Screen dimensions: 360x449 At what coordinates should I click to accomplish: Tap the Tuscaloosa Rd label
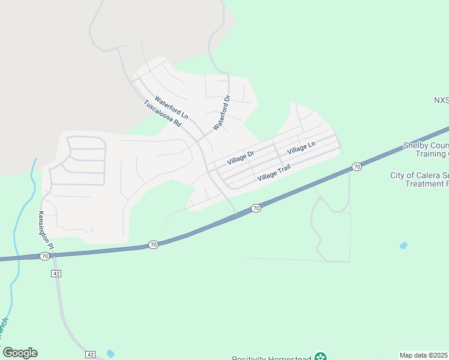(x=162, y=113)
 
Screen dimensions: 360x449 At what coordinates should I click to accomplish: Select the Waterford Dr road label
(x=222, y=113)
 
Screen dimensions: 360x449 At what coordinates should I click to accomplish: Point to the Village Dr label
(x=241, y=158)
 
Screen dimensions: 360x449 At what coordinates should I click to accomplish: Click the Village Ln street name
(x=301, y=148)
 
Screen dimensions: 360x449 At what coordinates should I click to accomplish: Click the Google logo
(x=20, y=353)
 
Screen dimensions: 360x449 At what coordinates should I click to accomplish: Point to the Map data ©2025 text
(x=424, y=355)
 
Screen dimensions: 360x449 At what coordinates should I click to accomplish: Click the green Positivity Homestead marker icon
(x=322, y=356)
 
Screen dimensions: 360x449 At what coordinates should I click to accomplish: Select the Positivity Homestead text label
(x=271, y=358)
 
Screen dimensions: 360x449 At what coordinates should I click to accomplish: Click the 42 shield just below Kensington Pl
(x=56, y=273)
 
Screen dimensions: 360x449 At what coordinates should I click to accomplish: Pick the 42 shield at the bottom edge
(x=91, y=355)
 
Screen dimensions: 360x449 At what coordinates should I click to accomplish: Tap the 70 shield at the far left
(x=44, y=256)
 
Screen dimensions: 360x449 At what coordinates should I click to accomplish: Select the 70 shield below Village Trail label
(x=256, y=208)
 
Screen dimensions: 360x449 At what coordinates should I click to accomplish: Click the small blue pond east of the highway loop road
(x=403, y=245)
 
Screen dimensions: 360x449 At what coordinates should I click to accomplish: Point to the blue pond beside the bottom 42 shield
(x=110, y=353)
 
